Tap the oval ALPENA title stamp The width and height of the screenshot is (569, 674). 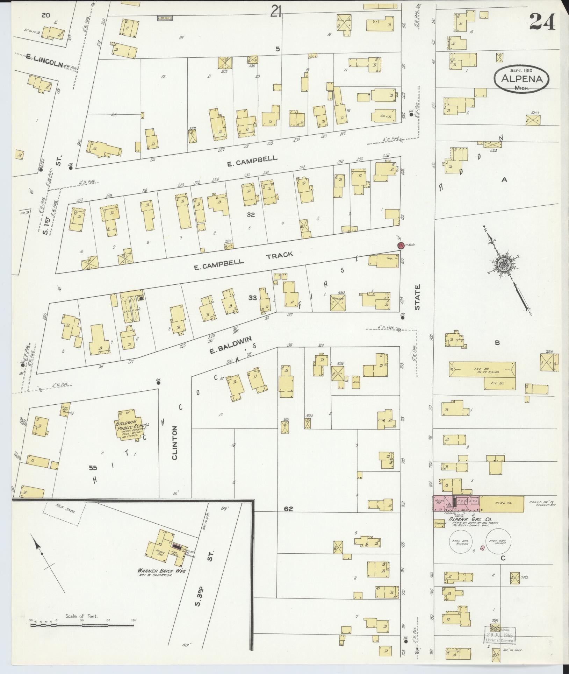[521, 79]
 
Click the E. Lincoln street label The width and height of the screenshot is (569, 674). [44, 64]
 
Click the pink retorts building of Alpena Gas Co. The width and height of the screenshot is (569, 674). [456, 503]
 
